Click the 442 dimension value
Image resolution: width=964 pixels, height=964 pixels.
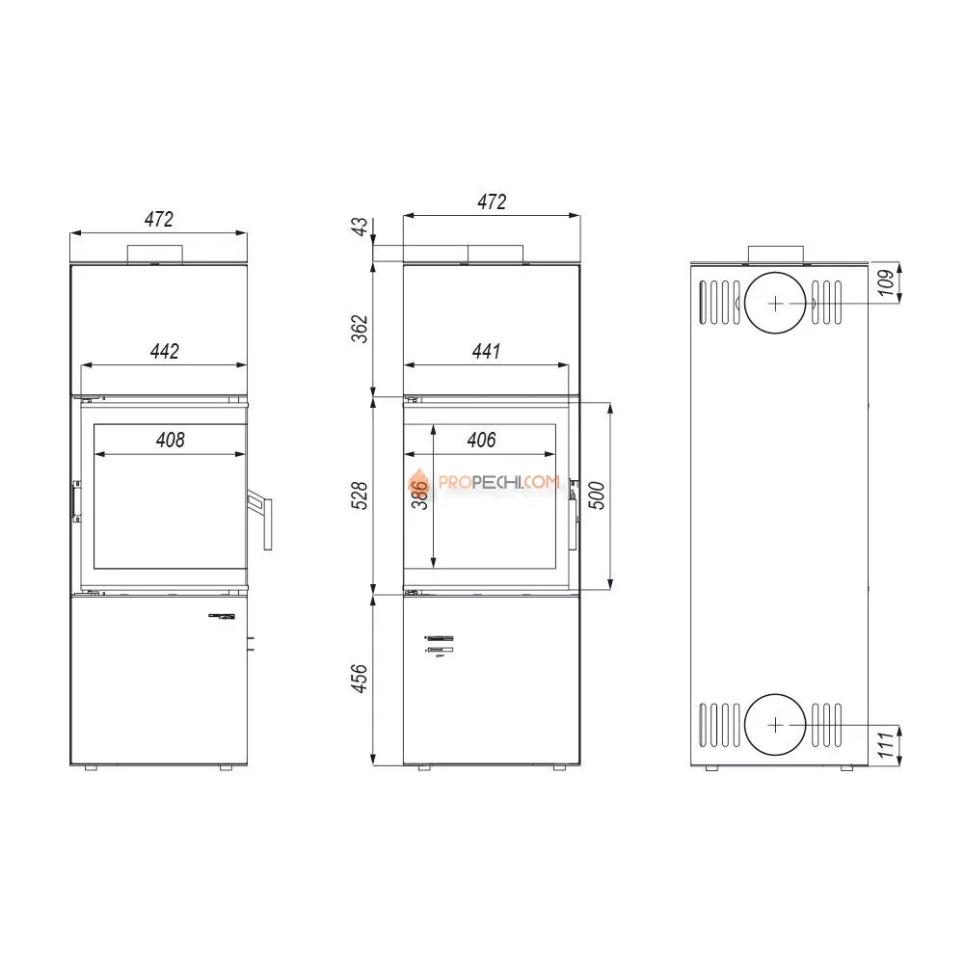pyautogui.click(x=165, y=352)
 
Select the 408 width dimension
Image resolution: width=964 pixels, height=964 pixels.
pyautogui.click(x=170, y=440)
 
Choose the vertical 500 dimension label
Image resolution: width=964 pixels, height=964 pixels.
pyautogui.click(x=596, y=495)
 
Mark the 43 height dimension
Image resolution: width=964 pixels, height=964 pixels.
pyautogui.click(x=361, y=228)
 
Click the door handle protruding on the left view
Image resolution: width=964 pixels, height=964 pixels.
pyautogui.click(x=261, y=521)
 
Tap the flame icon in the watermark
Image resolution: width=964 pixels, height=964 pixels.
pyautogui.click(x=418, y=482)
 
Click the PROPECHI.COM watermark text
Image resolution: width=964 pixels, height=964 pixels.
pyautogui.click(x=498, y=482)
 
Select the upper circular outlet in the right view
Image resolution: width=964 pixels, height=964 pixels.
pyautogui.click(x=777, y=302)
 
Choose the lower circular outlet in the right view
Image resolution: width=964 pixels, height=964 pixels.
pyautogui.click(x=777, y=724)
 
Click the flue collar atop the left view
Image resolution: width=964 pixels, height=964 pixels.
pyautogui.click(x=154, y=254)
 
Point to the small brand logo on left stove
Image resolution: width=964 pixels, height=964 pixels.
pyautogui.click(x=223, y=617)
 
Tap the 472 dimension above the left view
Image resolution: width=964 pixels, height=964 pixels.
pyautogui.click(x=159, y=219)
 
